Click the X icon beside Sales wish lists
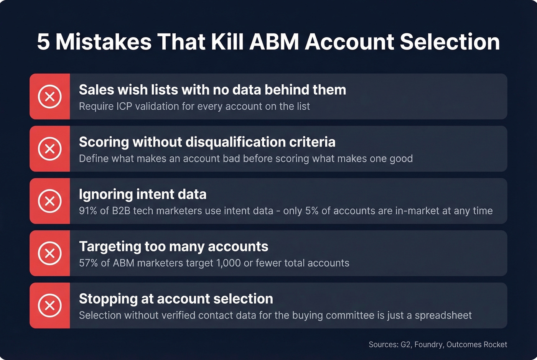[50, 96]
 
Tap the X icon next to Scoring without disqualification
[50, 149]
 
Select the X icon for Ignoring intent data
[50, 201]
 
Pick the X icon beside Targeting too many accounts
[50, 253]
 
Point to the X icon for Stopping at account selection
[50, 306]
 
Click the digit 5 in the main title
[43, 42]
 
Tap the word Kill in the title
[227, 42]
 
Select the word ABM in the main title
[274, 42]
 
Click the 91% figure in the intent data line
[88, 211]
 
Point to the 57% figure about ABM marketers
[88, 263]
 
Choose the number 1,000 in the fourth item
[229, 263]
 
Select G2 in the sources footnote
[405, 345]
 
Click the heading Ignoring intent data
[143, 194]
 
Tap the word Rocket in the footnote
[495, 345]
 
